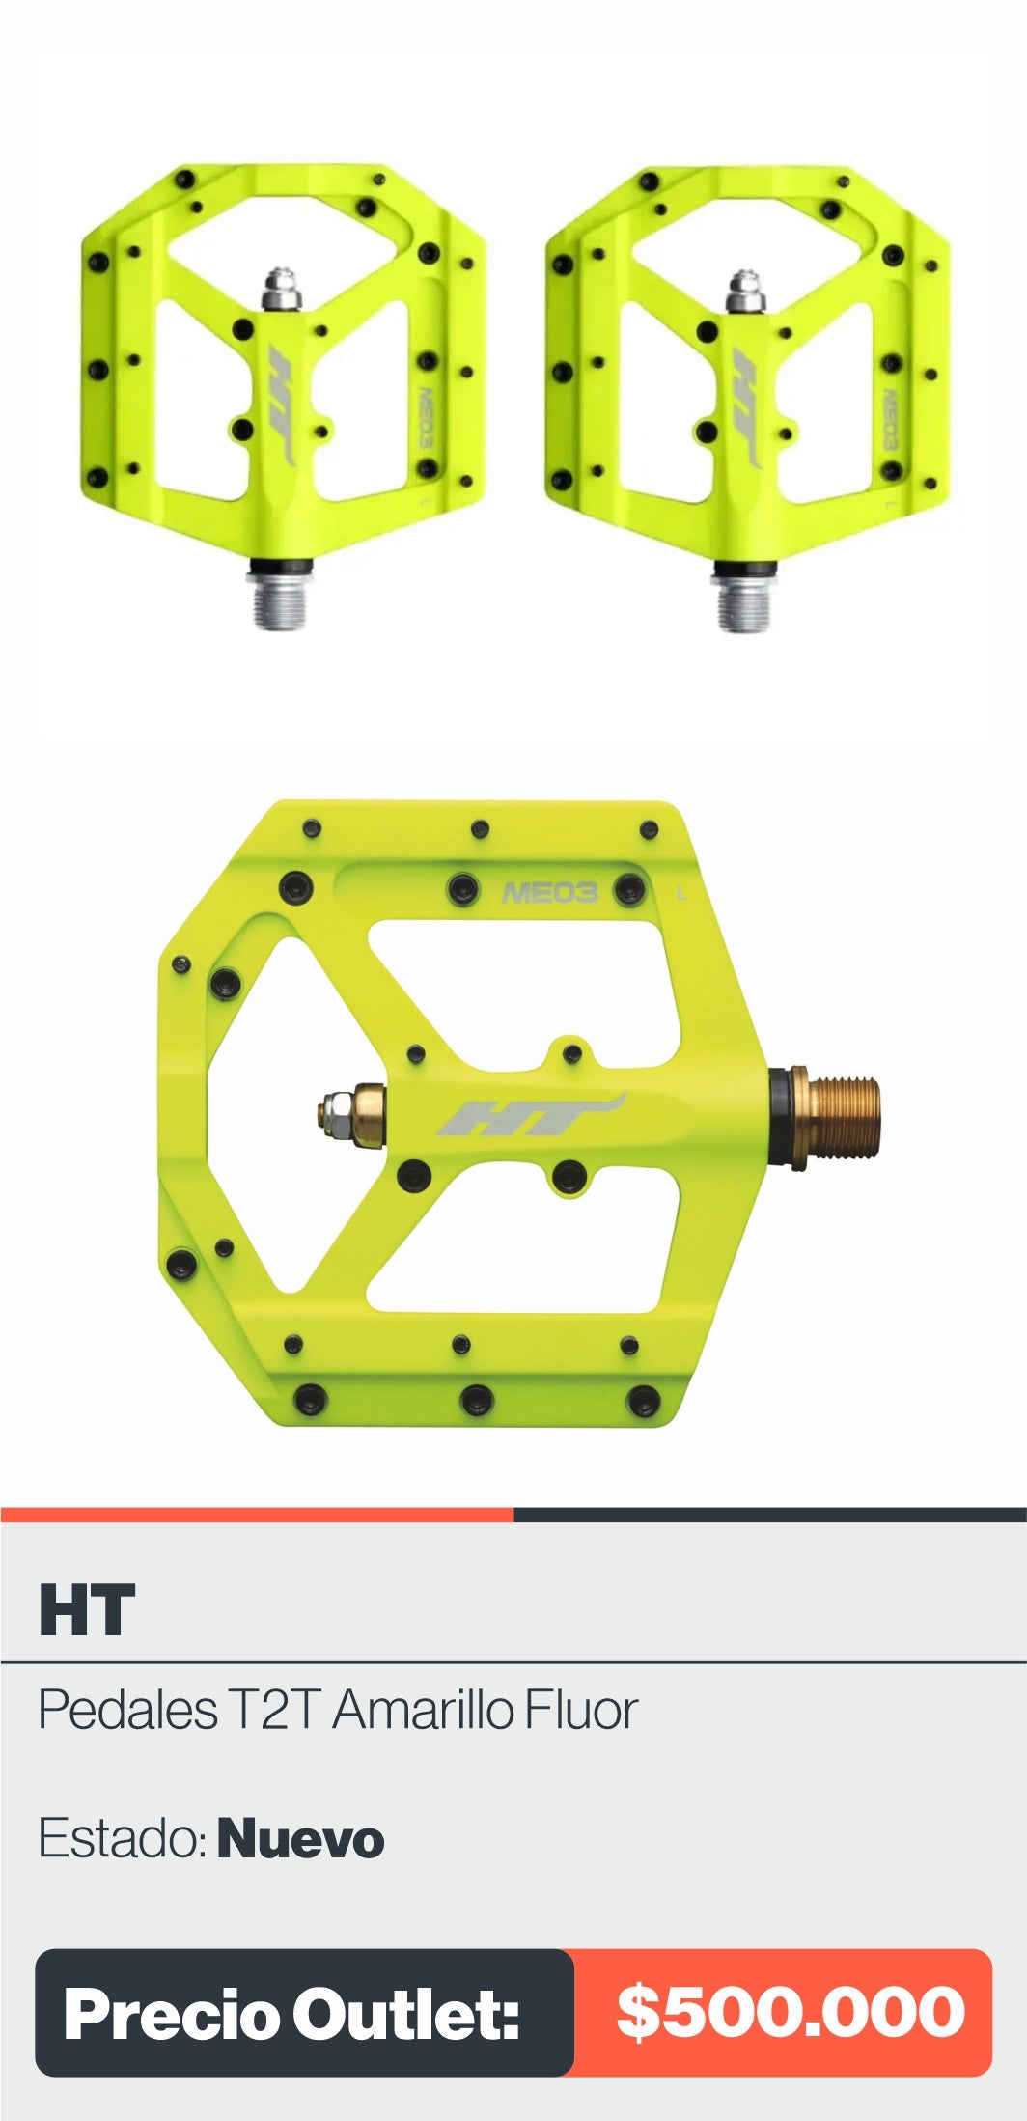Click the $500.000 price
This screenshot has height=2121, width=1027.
pyautogui.click(x=791, y=2012)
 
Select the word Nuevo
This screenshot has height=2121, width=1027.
pyautogui.click(x=300, y=1839)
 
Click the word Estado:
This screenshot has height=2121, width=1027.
pyautogui.click(x=123, y=1838)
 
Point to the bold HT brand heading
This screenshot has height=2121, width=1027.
pyautogui.click(x=87, y=1609)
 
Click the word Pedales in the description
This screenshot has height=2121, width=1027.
pyautogui.click(x=127, y=1710)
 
